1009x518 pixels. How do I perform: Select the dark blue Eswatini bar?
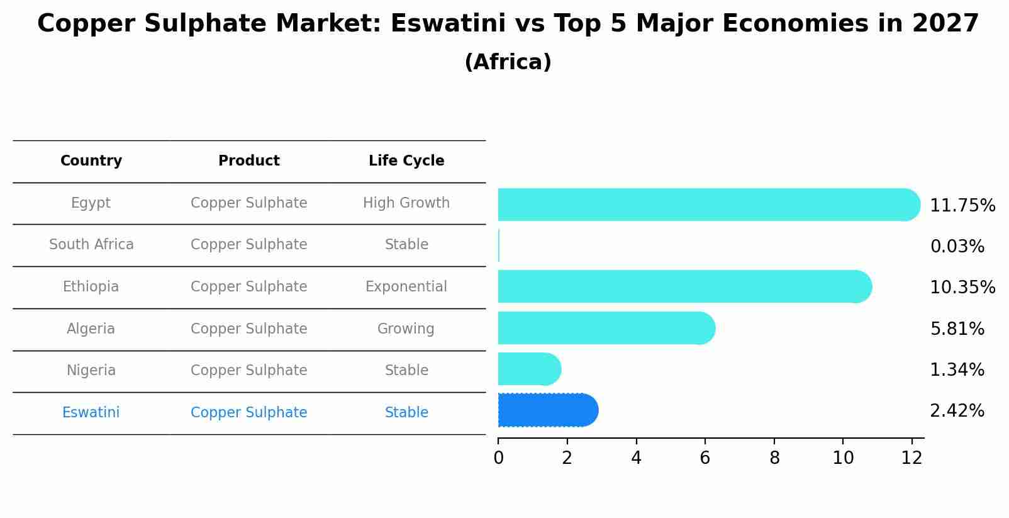(547, 410)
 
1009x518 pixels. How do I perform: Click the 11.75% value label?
(962, 206)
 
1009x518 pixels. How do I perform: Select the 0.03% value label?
(957, 247)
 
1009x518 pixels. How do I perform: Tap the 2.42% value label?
(957, 411)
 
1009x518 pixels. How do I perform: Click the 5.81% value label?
(957, 329)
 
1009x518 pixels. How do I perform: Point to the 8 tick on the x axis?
(774, 458)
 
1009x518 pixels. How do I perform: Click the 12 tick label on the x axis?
(911, 458)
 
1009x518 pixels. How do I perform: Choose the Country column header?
(91, 161)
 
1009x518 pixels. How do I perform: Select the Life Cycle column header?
(406, 161)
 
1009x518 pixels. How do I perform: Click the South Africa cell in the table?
(91, 244)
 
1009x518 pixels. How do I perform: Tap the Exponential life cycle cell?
(406, 286)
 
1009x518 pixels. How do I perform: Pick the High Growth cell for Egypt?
(406, 203)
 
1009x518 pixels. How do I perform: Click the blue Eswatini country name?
(91, 412)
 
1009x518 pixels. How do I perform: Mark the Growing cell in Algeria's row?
(406, 329)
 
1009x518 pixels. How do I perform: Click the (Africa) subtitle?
(508, 62)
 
